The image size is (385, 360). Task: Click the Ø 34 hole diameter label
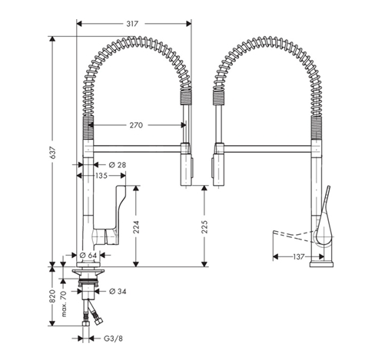click(117, 290)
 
